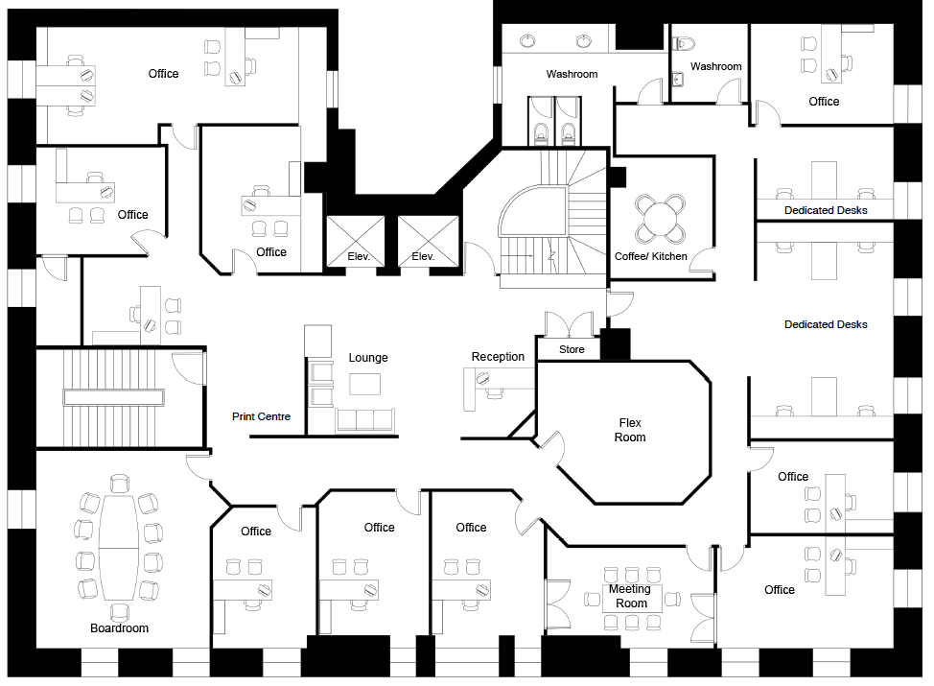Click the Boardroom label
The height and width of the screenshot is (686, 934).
119,628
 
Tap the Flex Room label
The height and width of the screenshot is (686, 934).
630,430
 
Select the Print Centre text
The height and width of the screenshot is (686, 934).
261,416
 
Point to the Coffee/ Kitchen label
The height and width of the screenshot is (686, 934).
650,256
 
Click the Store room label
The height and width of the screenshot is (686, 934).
572,349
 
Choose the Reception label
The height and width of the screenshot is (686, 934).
498,356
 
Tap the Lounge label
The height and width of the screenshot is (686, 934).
368,358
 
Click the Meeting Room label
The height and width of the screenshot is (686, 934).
630,596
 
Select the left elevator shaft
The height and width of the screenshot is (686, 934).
356,242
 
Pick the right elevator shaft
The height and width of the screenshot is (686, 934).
429,242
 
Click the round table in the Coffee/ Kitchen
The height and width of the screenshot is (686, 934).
660,219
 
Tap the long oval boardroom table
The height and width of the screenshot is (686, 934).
119,548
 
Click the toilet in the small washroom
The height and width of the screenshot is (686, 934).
685,43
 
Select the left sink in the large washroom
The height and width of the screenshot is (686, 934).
527,41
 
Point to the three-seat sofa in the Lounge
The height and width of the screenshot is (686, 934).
364,420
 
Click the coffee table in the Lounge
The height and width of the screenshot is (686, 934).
364,384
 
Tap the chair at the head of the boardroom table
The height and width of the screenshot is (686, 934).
120,484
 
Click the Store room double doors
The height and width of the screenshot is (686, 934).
570,324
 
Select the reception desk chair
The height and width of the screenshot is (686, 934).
495,393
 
